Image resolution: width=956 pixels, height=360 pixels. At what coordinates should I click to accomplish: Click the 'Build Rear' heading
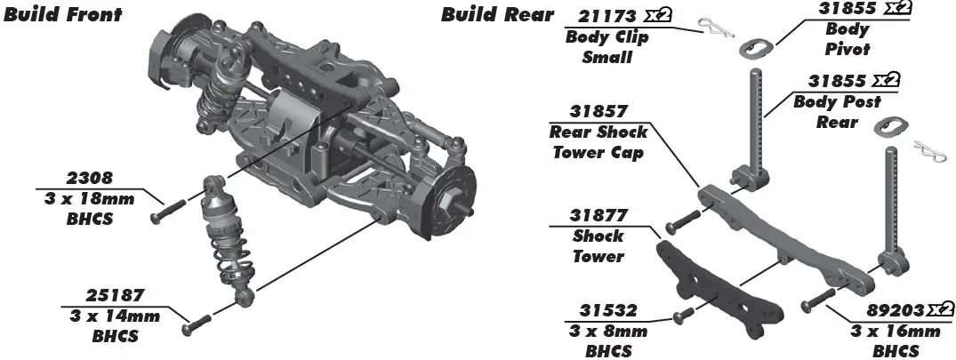coord(497,14)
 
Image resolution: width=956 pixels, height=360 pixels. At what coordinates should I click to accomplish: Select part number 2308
coord(89,178)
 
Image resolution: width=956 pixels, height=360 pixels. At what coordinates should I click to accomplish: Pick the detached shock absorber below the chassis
coord(226,240)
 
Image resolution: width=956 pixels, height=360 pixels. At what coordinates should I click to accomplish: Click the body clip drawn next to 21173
coord(711,27)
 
